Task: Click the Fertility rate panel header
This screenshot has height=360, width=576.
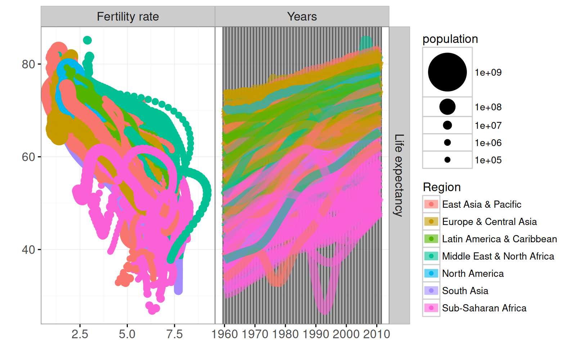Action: [x=128, y=17]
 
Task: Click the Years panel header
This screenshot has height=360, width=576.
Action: [x=302, y=17]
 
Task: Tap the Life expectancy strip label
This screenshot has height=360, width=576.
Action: [x=399, y=175]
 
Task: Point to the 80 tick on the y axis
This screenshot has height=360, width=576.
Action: [x=28, y=64]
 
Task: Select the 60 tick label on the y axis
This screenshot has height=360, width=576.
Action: [x=28, y=157]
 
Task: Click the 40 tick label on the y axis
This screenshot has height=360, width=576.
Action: [x=28, y=250]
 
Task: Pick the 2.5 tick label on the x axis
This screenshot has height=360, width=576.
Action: [x=80, y=334]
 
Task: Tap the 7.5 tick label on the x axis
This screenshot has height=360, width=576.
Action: [x=174, y=334]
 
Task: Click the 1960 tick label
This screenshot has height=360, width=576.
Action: [x=225, y=334]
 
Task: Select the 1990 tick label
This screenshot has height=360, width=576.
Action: [x=316, y=334]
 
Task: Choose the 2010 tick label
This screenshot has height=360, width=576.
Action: [x=377, y=334]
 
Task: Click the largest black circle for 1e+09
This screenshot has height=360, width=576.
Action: [x=447, y=72]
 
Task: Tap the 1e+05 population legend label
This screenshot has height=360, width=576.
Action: [x=488, y=160]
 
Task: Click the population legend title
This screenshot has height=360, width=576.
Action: [x=450, y=39]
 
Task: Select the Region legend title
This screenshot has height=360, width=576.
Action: [x=442, y=187]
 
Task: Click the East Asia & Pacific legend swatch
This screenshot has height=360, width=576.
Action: [x=431, y=204]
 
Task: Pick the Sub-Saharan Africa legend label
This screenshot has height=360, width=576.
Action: [x=484, y=308]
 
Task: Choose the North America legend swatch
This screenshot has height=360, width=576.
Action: [x=431, y=274]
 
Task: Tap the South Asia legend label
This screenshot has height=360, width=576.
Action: [x=465, y=291]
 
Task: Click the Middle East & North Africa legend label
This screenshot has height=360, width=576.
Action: [x=498, y=256]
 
